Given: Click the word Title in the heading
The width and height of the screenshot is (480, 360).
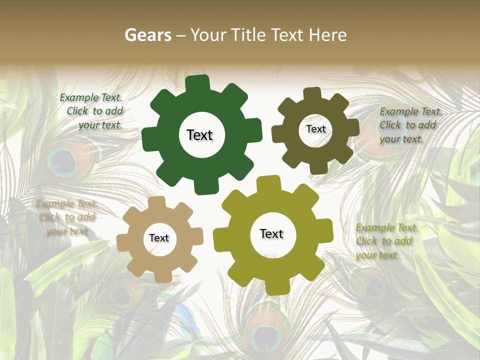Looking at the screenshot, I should point(248,35).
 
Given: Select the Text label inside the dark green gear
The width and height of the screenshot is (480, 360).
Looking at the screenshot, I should point(199,135).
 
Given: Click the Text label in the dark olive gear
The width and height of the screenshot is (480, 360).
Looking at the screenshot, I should point(315,129).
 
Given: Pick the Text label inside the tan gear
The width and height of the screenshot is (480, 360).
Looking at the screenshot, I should point(159,238).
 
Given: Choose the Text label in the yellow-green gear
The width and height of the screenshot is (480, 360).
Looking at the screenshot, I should point(271,234).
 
